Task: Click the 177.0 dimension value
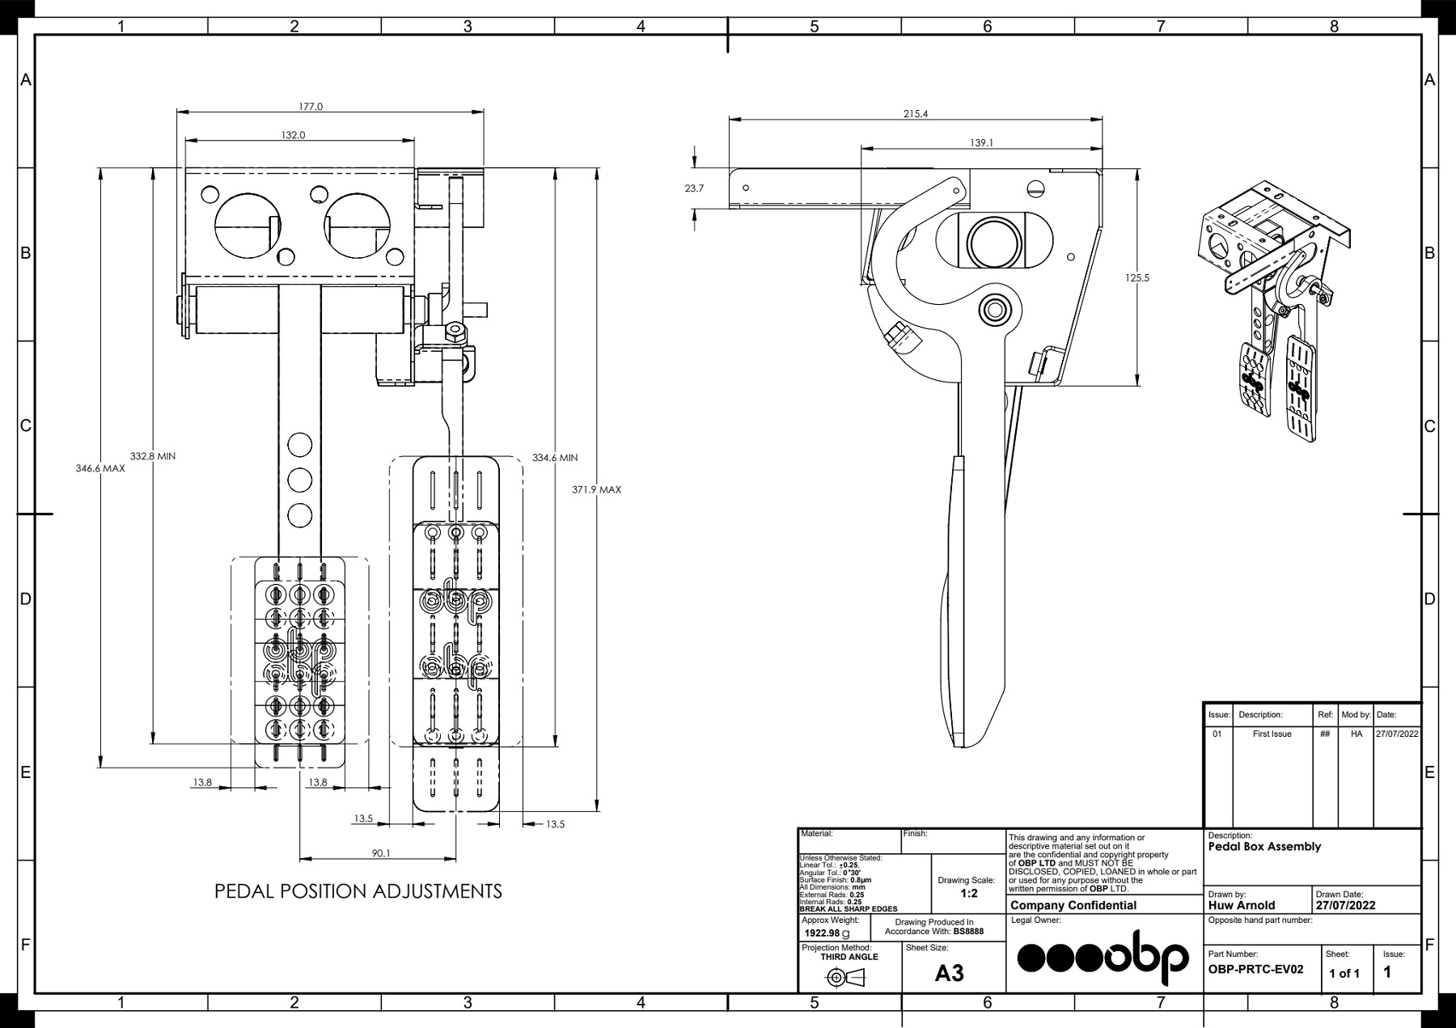311,106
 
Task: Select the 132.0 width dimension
294,135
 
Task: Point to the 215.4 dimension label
916,114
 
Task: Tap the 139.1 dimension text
981,143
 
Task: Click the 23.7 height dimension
694,188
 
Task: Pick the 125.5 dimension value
1136,278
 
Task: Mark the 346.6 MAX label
100,468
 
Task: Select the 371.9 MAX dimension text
596,490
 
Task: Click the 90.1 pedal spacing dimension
381,853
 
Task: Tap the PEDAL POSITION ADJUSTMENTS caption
358,891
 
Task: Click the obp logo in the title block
1103,957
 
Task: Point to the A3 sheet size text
950,973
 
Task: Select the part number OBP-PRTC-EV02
1255,969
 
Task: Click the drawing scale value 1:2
969,894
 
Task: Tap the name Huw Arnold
1242,905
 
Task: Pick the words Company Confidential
1073,906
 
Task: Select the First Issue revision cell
1272,734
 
